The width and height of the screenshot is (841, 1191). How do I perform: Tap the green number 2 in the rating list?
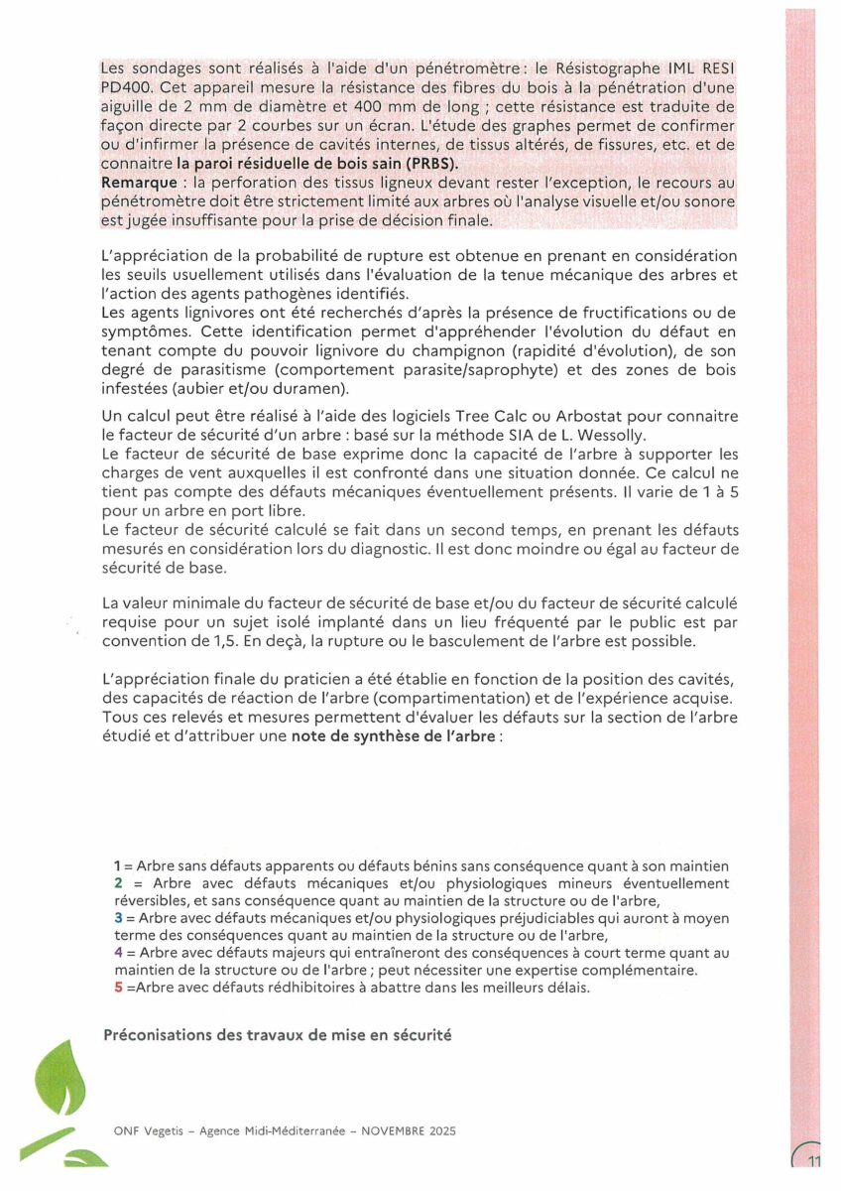118,883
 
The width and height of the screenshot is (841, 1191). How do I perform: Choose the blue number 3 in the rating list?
118,919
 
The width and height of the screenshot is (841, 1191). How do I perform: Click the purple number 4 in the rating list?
118,954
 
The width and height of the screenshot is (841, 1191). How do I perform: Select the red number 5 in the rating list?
118,989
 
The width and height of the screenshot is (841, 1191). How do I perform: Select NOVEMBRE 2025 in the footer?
403,1131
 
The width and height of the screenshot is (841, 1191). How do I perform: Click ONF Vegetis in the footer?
143,1131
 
